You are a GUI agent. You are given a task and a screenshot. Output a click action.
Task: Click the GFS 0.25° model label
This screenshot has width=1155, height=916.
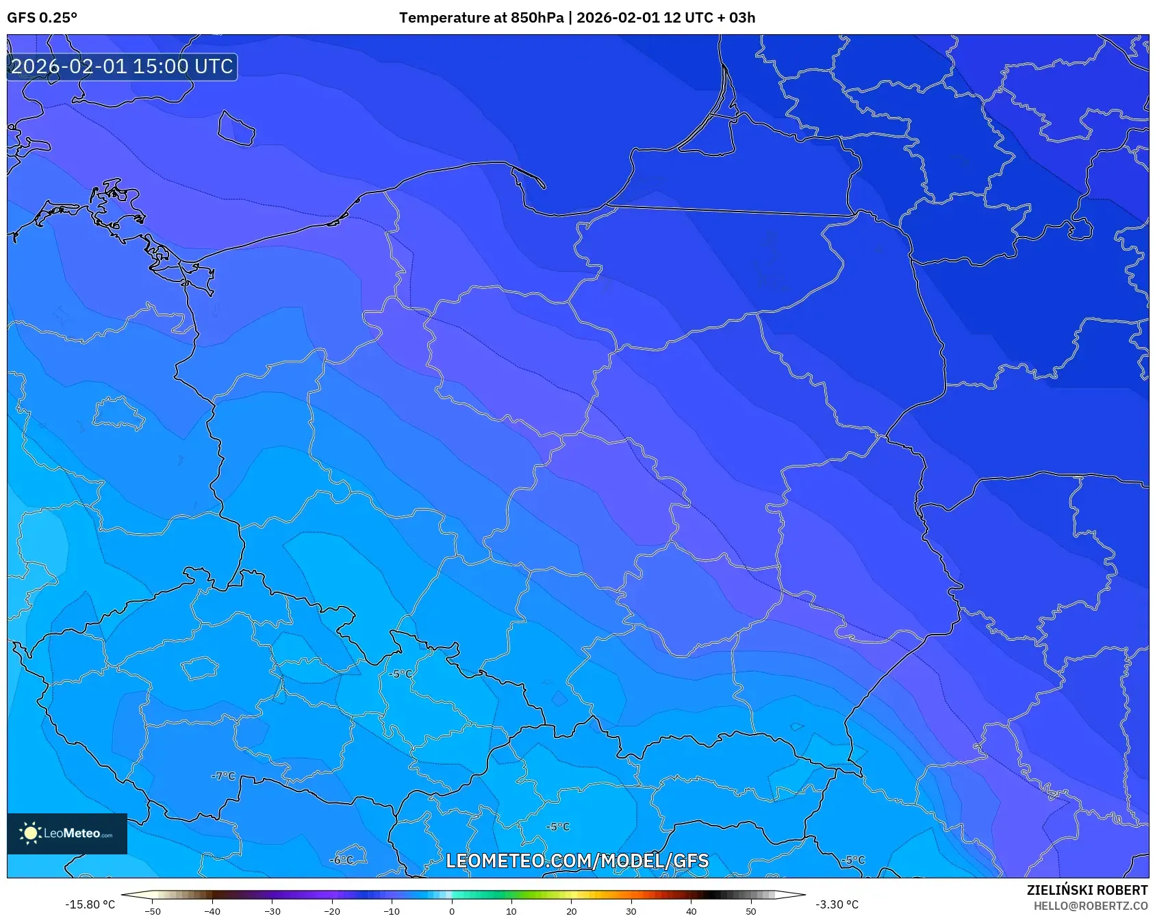coord(42,18)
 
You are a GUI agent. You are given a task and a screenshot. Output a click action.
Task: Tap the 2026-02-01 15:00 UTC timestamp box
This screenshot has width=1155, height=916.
coord(122,67)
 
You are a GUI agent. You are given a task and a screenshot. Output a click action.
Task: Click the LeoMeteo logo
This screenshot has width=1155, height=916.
coord(66,833)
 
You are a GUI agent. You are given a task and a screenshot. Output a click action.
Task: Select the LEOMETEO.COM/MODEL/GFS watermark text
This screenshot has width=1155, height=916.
coord(576,861)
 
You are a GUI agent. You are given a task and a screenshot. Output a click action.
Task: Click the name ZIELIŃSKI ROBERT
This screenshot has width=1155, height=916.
coord(1087,890)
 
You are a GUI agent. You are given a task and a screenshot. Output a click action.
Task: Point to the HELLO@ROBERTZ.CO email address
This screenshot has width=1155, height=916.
coord(1090,906)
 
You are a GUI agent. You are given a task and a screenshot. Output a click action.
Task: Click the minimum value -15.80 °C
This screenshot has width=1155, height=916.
coord(90,904)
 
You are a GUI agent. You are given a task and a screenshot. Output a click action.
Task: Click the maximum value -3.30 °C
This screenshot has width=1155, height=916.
coord(837,904)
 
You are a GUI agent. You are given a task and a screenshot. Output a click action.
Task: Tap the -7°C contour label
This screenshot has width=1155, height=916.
coord(223,776)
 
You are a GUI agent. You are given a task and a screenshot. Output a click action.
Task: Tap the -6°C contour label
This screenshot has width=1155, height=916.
coord(342,860)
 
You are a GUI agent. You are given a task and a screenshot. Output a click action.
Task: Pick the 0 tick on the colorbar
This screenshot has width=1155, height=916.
coord(452,911)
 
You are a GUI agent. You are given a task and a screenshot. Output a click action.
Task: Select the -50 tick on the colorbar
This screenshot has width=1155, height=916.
coord(153,911)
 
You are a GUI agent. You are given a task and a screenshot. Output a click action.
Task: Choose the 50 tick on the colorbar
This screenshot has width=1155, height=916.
coord(751,911)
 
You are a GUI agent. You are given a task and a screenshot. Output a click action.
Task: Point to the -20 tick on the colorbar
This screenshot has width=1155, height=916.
coord(332,911)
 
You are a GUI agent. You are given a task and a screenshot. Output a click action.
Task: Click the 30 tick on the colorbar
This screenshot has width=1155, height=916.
coord(631,911)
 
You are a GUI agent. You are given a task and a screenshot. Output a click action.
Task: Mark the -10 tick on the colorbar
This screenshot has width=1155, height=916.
coord(392,911)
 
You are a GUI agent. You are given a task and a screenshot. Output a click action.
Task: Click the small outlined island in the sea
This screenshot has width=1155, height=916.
coord(236,128)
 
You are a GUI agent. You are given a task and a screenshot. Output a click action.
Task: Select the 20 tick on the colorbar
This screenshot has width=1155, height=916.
coord(572,911)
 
